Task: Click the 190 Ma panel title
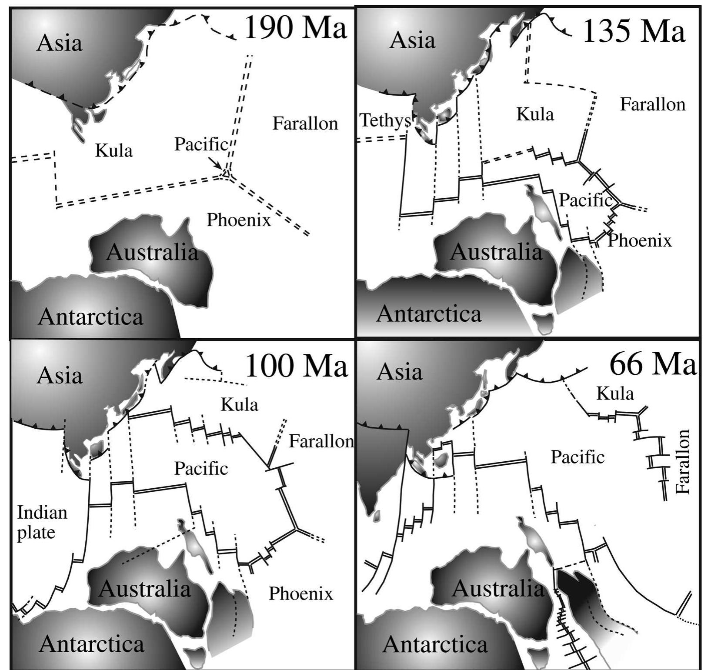[296, 28]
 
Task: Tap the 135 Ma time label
[633, 31]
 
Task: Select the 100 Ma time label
[297, 366]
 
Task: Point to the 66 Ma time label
[653, 364]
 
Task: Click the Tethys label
[385, 120]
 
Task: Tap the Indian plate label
[42, 522]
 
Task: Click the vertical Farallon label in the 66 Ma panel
[683, 462]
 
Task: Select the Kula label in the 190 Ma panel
[113, 151]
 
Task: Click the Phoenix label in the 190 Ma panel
[238, 220]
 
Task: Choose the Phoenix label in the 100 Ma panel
[300, 593]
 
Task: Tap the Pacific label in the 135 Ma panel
[585, 200]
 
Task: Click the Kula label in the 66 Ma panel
[615, 393]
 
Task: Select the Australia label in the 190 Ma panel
[152, 253]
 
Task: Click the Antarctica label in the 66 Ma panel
[435, 644]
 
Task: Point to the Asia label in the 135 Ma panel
[412, 40]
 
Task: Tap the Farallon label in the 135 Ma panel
[652, 104]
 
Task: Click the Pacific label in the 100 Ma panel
[201, 468]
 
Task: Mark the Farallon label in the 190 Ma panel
[305, 123]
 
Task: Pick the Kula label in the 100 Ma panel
[239, 405]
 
